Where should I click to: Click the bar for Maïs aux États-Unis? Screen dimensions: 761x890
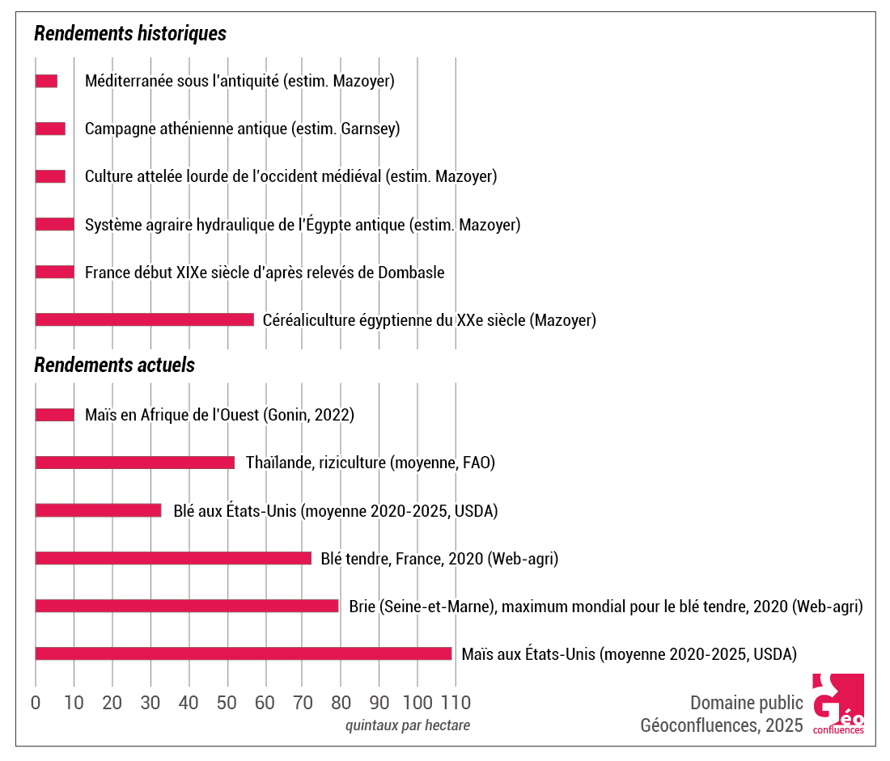(x=243, y=653)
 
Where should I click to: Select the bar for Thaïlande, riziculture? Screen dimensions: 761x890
(x=134, y=463)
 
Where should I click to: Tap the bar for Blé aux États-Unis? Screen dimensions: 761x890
(x=98, y=510)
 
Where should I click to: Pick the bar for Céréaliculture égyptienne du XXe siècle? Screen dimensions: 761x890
(x=144, y=319)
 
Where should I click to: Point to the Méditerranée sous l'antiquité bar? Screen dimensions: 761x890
(x=46, y=81)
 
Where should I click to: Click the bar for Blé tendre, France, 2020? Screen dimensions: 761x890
(x=173, y=558)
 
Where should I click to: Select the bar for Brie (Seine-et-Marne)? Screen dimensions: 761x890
(x=186, y=606)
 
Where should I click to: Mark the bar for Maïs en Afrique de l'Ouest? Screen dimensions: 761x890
(x=54, y=415)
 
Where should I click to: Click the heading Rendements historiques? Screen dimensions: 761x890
(x=129, y=34)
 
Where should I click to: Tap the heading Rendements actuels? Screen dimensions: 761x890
(x=114, y=365)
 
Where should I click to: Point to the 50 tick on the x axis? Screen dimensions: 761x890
(x=227, y=701)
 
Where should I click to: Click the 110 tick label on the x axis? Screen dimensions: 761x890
(x=456, y=701)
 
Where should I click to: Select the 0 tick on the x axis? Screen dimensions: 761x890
(x=36, y=701)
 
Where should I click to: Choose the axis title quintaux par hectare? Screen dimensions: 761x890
(x=407, y=725)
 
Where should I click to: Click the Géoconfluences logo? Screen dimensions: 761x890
(x=838, y=704)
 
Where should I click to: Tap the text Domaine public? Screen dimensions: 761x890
(x=746, y=702)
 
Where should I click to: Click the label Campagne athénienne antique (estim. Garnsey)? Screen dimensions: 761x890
(x=243, y=129)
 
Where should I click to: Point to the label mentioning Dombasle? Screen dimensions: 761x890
(x=265, y=273)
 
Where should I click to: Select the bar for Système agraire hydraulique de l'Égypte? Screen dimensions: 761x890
(x=54, y=224)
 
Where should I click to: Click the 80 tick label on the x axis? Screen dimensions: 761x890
(x=341, y=701)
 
